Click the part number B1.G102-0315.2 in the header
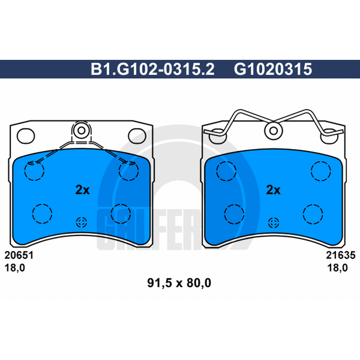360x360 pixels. coord(153,69)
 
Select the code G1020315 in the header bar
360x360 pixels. coord(273,69)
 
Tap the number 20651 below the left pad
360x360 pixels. coord(19,255)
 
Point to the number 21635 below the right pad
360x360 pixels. coord(341,255)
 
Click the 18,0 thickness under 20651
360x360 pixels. coord(15,268)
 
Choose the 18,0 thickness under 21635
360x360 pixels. coord(337,268)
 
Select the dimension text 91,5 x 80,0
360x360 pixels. coord(179,283)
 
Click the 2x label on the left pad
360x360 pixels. coord(82,190)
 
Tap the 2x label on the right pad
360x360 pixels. coord(273,190)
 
